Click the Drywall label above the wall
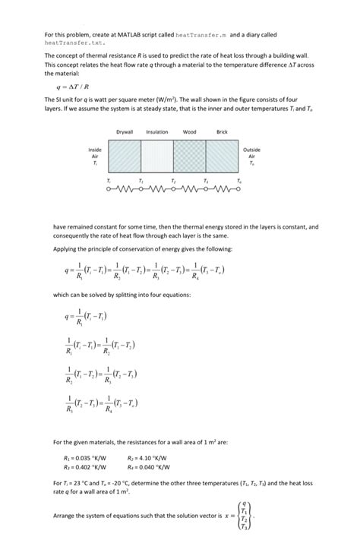point(125,132)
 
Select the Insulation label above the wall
point(157,132)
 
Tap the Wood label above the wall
point(190,132)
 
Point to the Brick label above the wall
point(222,132)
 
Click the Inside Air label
point(95,156)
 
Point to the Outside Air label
point(252,156)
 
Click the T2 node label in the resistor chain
point(173,181)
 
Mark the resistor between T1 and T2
point(157,190)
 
